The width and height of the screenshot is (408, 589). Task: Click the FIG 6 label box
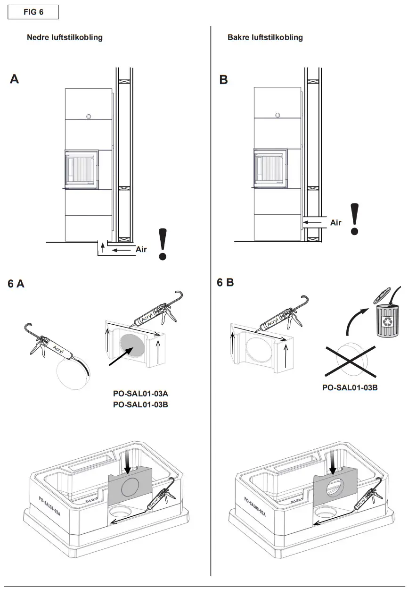[33, 12]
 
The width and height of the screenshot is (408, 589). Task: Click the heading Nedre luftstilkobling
[65, 38]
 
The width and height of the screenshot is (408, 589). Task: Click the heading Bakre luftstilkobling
[265, 38]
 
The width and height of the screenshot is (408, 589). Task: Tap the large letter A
[15, 79]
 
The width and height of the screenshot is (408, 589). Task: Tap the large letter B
[224, 80]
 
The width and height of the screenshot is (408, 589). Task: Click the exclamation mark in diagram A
[163, 244]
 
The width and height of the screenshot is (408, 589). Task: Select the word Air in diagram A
[141, 249]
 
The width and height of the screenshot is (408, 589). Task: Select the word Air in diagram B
[335, 222]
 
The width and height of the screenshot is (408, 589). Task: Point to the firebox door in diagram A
[81, 169]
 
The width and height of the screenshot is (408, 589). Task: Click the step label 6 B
[225, 283]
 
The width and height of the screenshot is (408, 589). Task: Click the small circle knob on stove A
[88, 116]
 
